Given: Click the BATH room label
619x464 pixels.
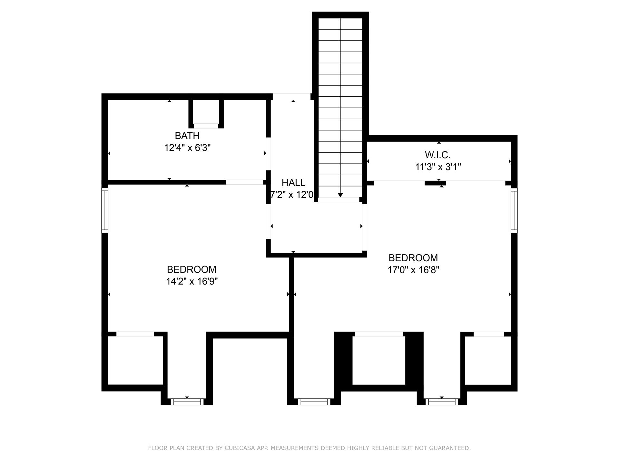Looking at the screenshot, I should tap(187, 136).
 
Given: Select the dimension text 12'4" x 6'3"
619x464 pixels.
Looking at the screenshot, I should tap(187, 148).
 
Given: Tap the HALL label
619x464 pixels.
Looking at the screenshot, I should tap(293, 183).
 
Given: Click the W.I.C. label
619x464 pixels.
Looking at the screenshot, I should tap(437, 155).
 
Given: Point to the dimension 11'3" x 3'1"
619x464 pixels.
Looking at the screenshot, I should tap(437, 167).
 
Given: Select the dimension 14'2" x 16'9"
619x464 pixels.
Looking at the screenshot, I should tap(192, 282).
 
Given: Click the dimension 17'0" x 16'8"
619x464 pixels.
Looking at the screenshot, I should tap(413, 270).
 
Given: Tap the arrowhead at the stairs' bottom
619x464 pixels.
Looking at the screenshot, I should tap(340, 195).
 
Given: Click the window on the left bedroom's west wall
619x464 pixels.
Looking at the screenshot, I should tap(104, 210).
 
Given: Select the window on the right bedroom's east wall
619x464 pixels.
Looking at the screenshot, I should tap(514, 210).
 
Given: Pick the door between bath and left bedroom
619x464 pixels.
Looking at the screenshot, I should tap(244, 182).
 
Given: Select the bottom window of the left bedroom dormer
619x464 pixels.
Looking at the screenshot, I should tap(187, 401).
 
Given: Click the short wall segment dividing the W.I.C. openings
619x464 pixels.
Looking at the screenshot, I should tap(435, 183).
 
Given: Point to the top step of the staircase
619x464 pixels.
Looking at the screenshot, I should tap(340, 24).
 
